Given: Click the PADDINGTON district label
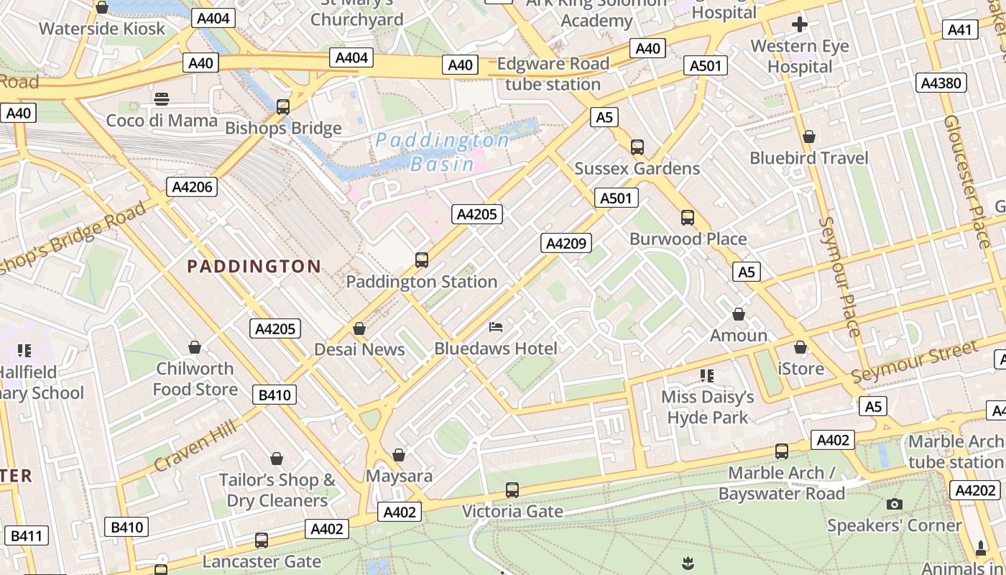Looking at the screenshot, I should click(254, 267).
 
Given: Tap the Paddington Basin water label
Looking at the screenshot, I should click(442, 152).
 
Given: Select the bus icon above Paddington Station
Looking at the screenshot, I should click(422, 260).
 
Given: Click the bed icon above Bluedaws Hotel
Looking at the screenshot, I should click(496, 327).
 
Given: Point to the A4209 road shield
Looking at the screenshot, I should click(566, 243).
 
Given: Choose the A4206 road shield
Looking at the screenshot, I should click(193, 188).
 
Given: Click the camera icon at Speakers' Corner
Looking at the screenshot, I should click(894, 504).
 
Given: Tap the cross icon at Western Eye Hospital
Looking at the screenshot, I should click(799, 25).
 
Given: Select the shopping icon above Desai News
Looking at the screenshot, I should click(359, 328).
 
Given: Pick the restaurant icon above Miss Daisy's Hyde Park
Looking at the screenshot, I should click(707, 375).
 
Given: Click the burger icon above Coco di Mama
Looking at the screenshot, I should click(162, 98).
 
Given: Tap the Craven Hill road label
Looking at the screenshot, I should click(195, 446).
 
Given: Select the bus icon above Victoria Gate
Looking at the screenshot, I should click(512, 490).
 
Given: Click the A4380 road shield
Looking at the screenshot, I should click(941, 83).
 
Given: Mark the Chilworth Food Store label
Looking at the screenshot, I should click(195, 379).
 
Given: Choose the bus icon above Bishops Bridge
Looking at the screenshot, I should click(283, 107).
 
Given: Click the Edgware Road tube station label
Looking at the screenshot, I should click(553, 74).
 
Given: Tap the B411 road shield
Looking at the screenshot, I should click(27, 535).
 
